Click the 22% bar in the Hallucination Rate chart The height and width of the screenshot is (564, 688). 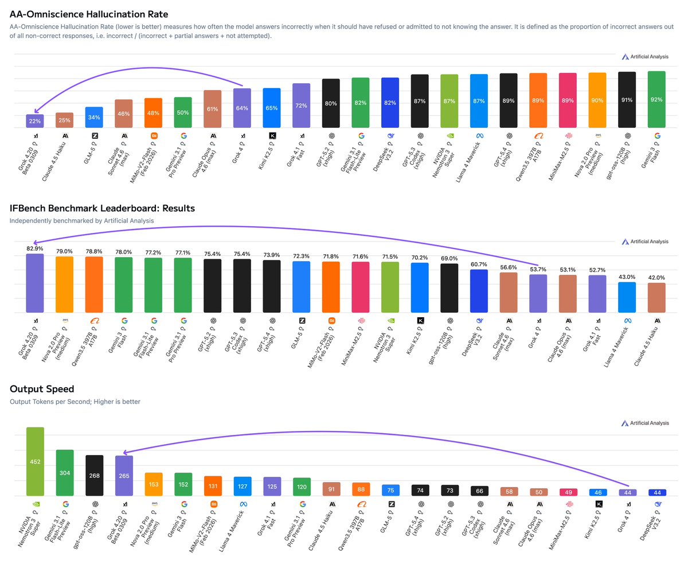[35, 120]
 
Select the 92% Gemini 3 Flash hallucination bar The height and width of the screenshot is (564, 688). [656, 99]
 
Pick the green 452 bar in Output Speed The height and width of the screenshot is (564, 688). [35, 461]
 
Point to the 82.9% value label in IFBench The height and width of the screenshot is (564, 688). [35, 247]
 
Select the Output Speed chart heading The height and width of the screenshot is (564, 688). [42, 390]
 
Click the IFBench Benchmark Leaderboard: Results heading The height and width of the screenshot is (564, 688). [102, 208]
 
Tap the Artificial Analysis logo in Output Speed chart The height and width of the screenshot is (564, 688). [645, 423]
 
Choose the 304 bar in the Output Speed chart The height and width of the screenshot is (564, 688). [65, 473]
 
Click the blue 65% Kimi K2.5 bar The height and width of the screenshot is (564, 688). [272, 107]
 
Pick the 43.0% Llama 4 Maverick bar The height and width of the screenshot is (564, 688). [626, 297]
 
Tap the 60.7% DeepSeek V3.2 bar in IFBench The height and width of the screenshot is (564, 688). [479, 291]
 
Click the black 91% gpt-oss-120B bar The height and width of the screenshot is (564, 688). [626, 99]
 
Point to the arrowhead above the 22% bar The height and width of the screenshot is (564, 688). [34, 111]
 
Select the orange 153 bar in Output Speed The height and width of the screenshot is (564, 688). [154, 484]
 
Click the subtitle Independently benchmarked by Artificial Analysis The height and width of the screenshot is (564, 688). [81, 220]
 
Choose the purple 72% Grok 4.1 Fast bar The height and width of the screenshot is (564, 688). [302, 106]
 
